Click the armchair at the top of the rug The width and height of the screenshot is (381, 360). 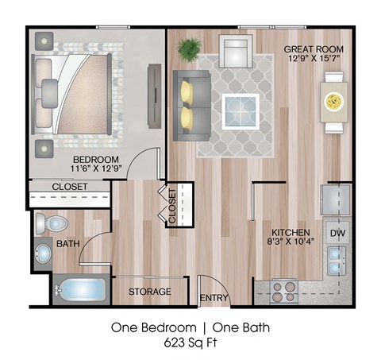(236, 53)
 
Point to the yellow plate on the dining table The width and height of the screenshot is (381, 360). (333, 100)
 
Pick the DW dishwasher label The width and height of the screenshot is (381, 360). (337, 233)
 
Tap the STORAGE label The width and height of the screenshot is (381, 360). (150, 292)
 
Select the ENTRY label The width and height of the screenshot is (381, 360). (213, 297)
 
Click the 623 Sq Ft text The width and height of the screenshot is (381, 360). (190, 343)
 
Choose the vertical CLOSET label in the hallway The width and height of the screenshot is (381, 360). (172, 203)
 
